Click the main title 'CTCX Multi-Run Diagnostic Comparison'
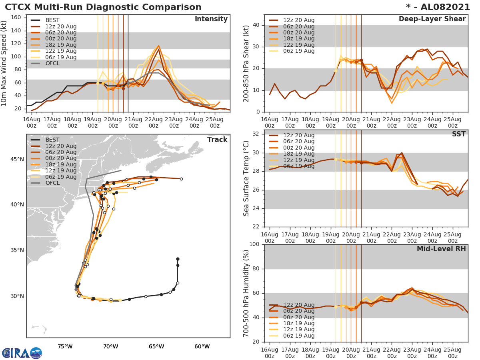103,7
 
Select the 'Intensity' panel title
211,19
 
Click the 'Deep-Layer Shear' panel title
432,19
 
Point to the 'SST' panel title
458,134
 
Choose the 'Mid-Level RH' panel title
441,249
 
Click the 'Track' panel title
217,140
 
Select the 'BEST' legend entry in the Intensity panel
52,20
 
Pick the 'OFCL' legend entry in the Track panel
52,183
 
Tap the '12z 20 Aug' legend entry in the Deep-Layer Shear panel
298,20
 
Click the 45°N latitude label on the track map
17,160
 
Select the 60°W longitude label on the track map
202,346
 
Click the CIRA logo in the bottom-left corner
22,353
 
